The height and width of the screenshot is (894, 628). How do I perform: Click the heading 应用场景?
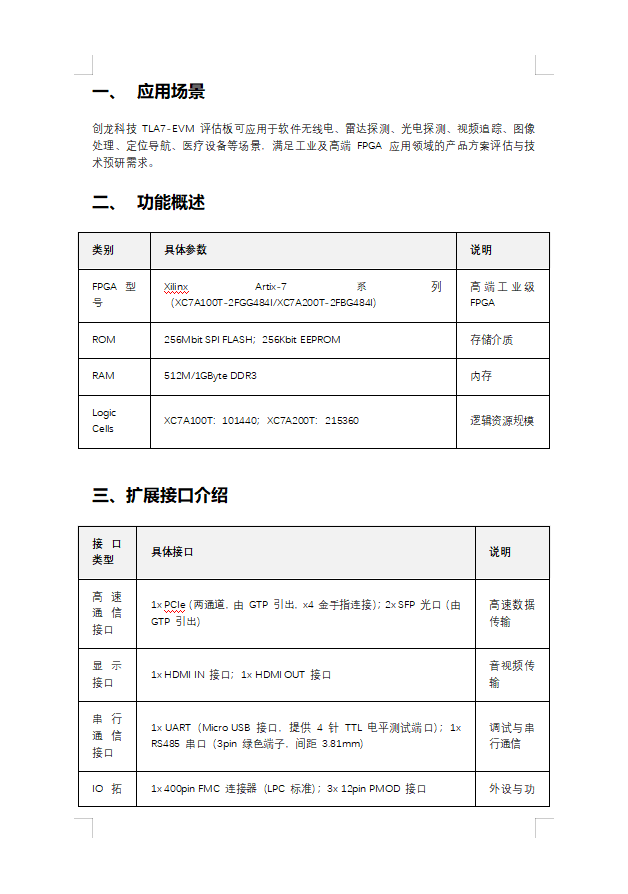(x=171, y=92)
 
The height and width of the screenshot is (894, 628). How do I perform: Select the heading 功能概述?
(x=171, y=202)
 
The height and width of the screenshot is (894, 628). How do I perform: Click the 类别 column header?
(x=103, y=250)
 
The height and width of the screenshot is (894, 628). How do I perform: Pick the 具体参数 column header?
(x=186, y=250)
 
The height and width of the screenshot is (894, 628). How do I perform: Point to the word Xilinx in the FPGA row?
(x=176, y=287)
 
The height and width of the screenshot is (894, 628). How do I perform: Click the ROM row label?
(x=104, y=340)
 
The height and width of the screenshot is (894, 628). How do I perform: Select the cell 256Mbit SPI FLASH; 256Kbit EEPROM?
(x=252, y=340)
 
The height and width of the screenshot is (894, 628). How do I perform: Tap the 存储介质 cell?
(x=491, y=340)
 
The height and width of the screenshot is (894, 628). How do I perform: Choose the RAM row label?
(x=104, y=376)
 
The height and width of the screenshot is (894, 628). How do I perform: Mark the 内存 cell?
(x=481, y=376)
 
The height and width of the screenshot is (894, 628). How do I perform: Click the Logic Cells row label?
(x=104, y=421)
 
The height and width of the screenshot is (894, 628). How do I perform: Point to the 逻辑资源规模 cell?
(x=502, y=421)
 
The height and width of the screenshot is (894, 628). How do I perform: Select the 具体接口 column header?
(x=173, y=552)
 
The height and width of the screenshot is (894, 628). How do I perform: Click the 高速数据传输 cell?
(x=511, y=612)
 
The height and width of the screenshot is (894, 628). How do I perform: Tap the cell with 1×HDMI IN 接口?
(x=241, y=675)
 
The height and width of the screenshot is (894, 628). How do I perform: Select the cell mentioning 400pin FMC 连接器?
(x=289, y=789)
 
